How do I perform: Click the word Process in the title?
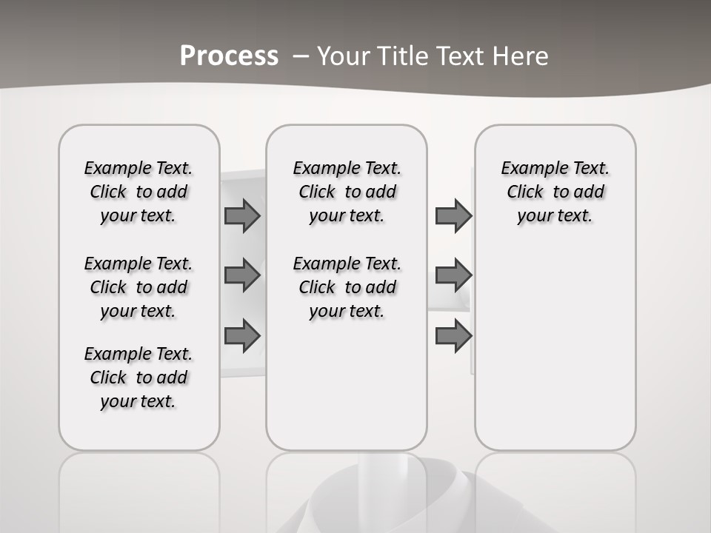229,56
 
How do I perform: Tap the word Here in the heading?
522,56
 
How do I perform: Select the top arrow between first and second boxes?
242,215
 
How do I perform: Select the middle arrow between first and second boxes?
242,275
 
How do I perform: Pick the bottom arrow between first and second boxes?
242,336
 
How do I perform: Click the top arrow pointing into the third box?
453,215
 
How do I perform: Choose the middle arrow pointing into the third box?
453,275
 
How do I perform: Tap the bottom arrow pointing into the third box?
453,336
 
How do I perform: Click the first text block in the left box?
138,192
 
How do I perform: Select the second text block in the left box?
138,287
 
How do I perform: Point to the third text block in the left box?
138,378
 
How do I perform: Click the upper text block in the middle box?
347,192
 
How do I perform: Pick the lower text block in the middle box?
347,287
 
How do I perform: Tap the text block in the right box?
555,192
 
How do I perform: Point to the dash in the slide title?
301,56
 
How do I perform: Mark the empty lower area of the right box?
555,355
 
